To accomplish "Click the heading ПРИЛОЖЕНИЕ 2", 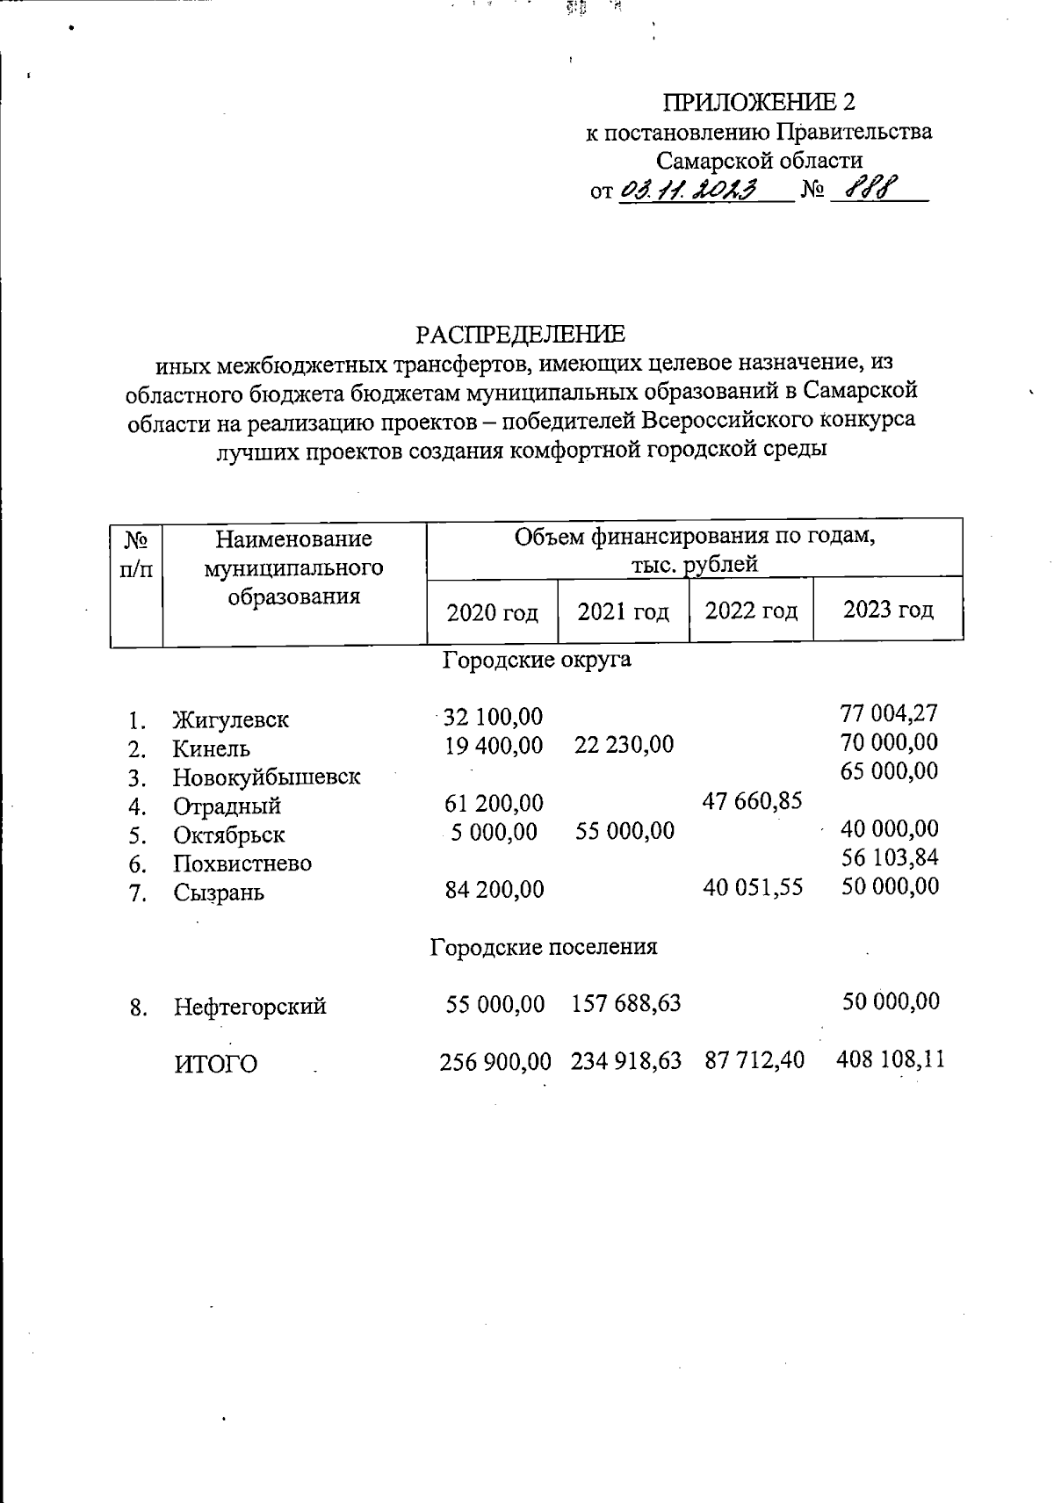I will [x=758, y=103].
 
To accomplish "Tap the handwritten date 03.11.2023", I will [x=689, y=190].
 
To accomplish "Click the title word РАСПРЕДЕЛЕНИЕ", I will [x=520, y=335].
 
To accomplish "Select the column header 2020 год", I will [x=492, y=612].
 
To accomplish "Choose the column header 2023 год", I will [x=888, y=609].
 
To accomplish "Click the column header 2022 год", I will [x=751, y=610].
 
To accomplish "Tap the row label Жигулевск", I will [x=231, y=719].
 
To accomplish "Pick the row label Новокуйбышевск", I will [x=266, y=777].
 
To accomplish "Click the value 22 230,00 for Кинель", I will [x=624, y=745].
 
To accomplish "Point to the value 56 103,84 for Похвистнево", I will [x=889, y=857].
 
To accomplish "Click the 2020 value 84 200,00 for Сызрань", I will [x=494, y=890].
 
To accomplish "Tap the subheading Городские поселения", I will [x=543, y=947].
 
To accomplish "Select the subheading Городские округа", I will [x=536, y=659].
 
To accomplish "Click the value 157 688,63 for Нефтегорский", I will [x=625, y=1002].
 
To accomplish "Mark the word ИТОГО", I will [x=215, y=1065].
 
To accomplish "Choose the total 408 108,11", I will [x=891, y=1059].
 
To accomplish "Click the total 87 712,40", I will [x=754, y=1060].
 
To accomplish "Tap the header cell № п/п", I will [x=136, y=553].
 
